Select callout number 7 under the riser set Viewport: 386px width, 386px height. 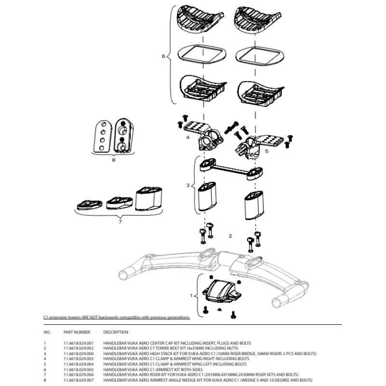pos(120,221)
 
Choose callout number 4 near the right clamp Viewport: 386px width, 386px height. pos(188,138)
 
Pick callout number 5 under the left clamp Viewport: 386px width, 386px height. pos(266,151)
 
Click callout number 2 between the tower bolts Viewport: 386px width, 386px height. pos(231,236)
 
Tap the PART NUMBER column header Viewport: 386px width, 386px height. pos(77,332)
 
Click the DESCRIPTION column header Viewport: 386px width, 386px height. pos(116,332)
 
